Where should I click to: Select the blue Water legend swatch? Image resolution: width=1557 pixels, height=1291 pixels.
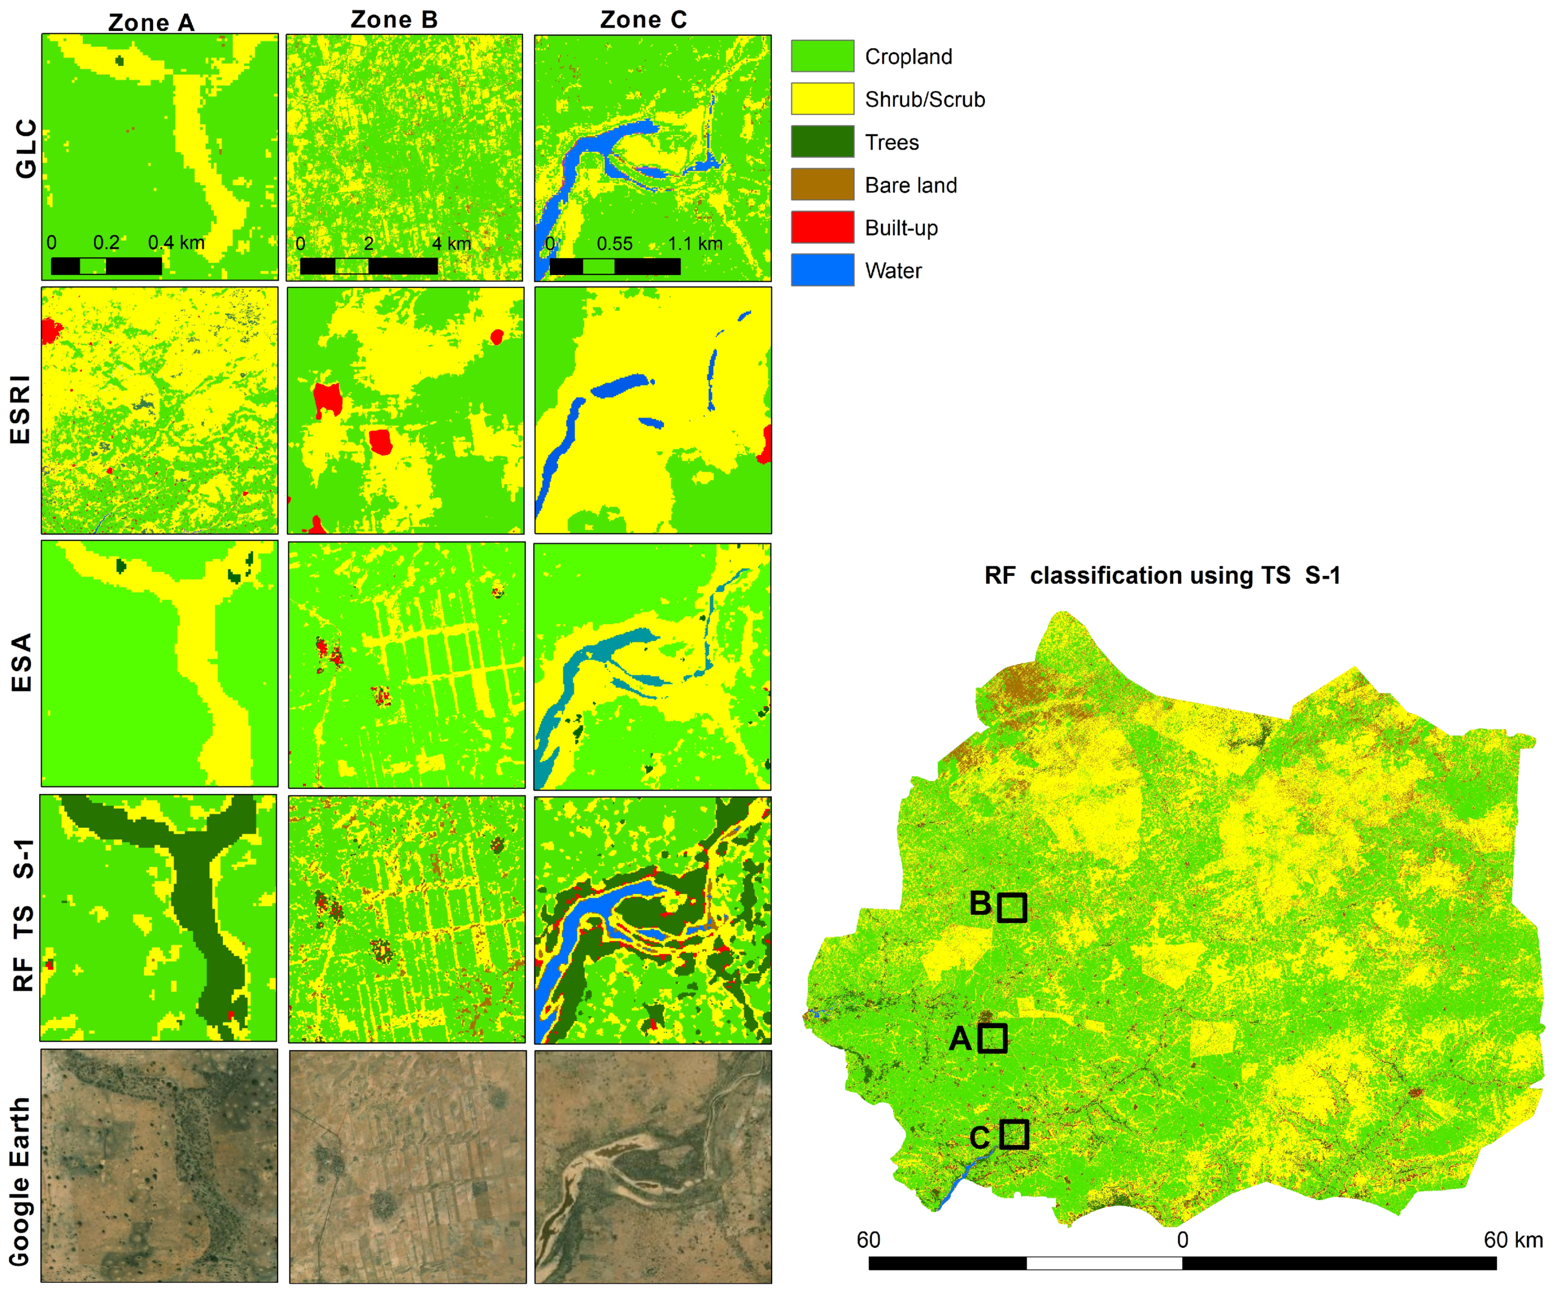coord(822,270)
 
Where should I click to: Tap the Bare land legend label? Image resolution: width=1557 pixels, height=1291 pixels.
coord(910,185)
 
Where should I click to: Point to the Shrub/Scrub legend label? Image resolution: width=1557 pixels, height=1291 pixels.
coord(925,99)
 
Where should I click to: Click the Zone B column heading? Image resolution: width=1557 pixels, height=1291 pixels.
coord(394,20)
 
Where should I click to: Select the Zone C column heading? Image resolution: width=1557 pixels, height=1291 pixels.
coord(643,20)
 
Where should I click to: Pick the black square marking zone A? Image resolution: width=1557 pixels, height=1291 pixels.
coord(992,1038)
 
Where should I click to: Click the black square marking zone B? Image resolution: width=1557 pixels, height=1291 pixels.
coord(1012,907)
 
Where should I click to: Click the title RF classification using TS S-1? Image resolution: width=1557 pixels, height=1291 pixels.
coord(1162,576)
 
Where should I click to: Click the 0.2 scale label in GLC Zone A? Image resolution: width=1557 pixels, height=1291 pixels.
coord(106,242)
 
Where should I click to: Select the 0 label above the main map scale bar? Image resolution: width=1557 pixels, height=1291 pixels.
coord(1182,1240)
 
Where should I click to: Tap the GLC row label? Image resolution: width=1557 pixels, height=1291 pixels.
coord(26,149)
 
